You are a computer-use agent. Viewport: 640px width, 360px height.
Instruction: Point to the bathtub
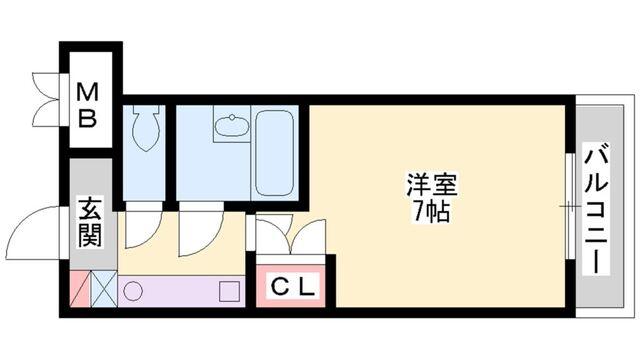273,152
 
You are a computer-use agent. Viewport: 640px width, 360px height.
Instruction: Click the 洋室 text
430,186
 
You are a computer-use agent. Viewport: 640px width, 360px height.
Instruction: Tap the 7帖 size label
430,210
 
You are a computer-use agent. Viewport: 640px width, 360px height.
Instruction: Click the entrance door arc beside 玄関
46,228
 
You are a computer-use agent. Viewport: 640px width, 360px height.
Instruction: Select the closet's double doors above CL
290,238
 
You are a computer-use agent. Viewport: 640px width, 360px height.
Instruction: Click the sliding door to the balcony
569,206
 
